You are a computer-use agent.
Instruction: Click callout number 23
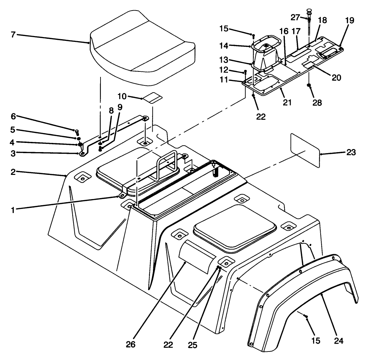[350, 153]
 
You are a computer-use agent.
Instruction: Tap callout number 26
[130, 344]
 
